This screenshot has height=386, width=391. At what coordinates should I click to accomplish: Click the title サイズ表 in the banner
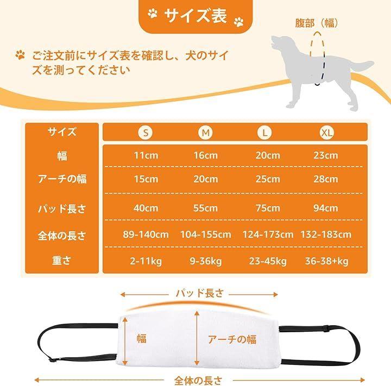coord(195,16)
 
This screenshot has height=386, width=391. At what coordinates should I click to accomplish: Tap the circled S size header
coord(146,132)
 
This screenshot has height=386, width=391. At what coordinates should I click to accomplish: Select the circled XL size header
coord(327,132)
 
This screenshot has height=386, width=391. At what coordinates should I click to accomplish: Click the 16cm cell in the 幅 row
coord(206,155)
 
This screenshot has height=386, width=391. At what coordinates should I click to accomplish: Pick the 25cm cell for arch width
coord(268,179)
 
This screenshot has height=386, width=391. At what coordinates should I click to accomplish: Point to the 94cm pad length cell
coord(326,208)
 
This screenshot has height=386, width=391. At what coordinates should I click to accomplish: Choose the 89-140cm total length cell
coord(146,235)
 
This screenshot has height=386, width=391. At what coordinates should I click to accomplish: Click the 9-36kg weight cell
coord(205,261)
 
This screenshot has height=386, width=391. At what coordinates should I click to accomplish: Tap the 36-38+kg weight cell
coord(327,261)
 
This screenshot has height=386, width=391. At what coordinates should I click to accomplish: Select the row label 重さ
coord(61,261)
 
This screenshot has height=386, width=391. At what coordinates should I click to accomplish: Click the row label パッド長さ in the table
coord(62,208)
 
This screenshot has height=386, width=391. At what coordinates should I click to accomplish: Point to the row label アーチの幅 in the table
coord(62,179)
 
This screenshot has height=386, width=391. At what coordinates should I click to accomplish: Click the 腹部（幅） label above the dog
coord(317,23)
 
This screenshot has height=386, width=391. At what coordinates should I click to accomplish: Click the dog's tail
coord(361,67)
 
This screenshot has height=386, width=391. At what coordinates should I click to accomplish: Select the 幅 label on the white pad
coord(142,338)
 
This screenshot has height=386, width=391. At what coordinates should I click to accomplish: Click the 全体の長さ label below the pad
coord(198,381)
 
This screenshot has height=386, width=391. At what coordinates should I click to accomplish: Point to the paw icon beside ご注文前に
coord(21,55)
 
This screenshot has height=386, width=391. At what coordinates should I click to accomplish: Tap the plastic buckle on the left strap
coord(52,360)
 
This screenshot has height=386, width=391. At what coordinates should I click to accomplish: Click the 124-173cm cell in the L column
coord(268,235)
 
